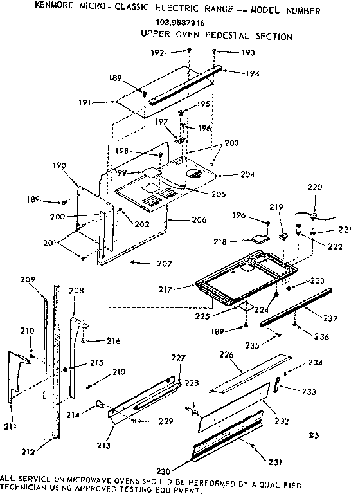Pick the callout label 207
point(148,264)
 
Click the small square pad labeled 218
point(261,237)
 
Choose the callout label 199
point(121,173)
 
